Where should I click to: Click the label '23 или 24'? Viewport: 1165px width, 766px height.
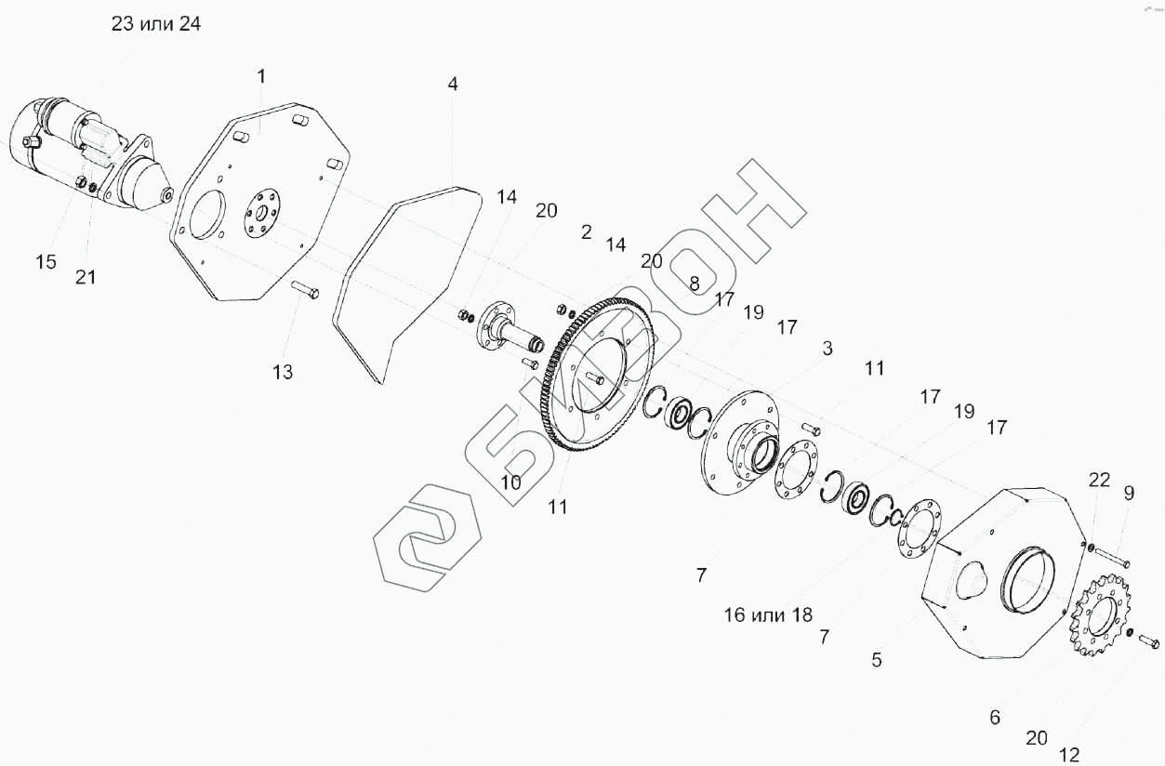[156, 24]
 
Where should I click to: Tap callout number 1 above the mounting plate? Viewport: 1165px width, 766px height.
[261, 74]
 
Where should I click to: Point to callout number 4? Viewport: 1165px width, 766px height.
[453, 84]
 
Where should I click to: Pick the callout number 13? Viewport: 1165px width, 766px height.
[283, 372]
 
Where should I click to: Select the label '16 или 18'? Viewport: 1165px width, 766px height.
[769, 614]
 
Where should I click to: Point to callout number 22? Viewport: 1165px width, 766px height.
[1100, 480]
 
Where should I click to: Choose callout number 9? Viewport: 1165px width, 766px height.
[1129, 493]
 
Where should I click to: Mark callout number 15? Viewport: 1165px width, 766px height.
[46, 262]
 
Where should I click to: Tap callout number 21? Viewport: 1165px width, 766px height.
[86, 276]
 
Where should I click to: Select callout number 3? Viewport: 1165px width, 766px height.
[827, 349]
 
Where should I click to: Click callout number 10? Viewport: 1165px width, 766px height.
[510, 482]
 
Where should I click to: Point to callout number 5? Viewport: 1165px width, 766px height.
[877, 660]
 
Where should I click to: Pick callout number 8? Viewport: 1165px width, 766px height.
[694, 283]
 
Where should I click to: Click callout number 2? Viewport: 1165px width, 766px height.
[586, 232]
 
